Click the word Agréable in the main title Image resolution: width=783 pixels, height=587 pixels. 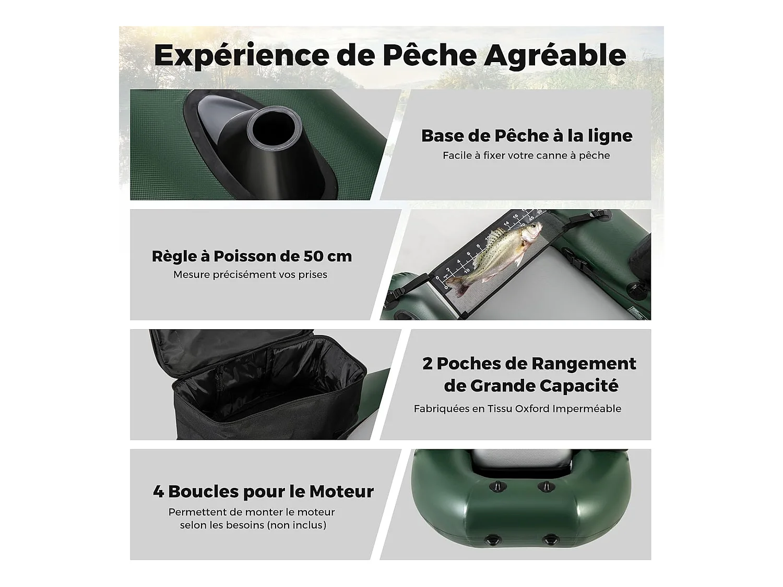pyautogui.click(x=554, y=55)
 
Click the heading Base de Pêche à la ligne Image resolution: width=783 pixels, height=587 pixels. pyautogui.click(x=527, y=136)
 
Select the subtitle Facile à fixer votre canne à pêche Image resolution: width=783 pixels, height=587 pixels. pyautogui.click(x=526, y=155)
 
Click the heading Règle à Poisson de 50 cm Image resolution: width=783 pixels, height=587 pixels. pyautogui.click(x=252, y=256)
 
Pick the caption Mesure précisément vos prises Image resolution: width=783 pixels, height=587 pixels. pyautogui.click(x=250, y=274)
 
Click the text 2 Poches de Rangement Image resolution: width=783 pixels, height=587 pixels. pyautogui.click(x=529, y=364)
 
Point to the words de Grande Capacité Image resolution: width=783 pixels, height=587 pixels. pyautogui.click(x=531, y=386)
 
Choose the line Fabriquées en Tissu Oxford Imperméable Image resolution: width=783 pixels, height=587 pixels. pyautogui.click(x=517, y=409)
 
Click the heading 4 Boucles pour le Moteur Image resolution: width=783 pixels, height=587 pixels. pyautogui.click(x=263, y=492)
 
